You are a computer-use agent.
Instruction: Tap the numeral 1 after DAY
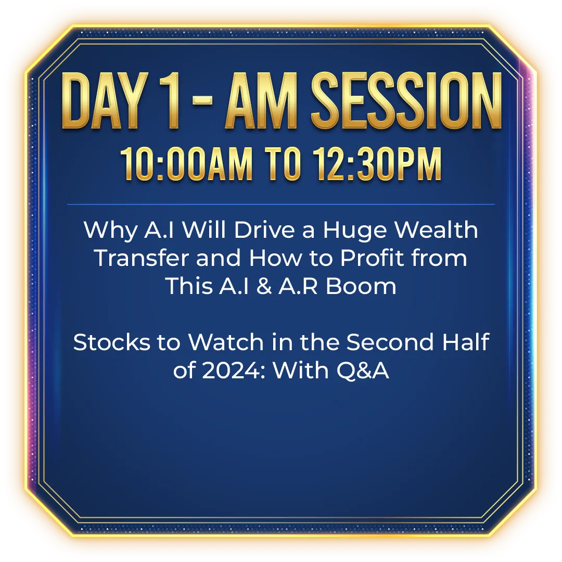tap(169, 101)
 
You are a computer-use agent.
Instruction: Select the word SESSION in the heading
tap(406, 101)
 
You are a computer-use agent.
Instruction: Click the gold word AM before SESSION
tap(261, 101)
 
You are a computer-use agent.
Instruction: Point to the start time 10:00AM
tap(186, 164)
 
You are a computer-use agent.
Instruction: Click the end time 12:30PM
tap(377, 164)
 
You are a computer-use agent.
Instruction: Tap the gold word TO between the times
tap(283, 164)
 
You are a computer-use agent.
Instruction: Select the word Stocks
tap(111, 342)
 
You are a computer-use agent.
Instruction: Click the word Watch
tap(226, 342)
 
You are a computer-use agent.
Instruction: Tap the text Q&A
tap(363, 371)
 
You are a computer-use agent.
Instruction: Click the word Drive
tap(264, 229)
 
